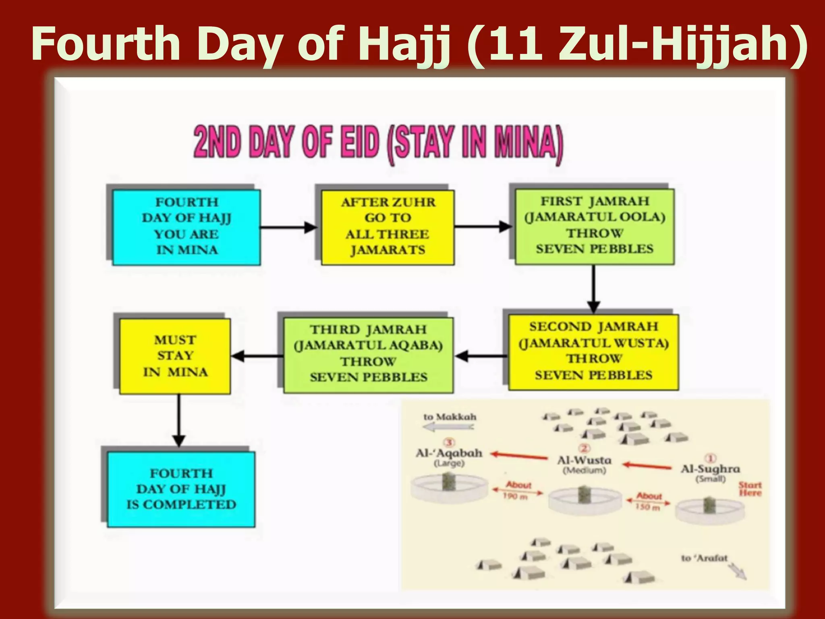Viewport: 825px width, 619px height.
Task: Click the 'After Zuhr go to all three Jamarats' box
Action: (x=388, y=227)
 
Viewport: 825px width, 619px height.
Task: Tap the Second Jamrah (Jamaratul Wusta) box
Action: (x=593, y=352)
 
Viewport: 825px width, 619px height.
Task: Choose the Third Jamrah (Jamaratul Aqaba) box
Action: (x=368, y=355)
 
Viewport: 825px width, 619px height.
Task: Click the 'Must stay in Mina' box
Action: (x=175, y=356)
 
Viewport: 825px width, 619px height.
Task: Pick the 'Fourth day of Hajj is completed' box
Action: (x=181, y=489)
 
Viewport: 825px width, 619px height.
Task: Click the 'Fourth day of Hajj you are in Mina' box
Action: (x=187, y=227)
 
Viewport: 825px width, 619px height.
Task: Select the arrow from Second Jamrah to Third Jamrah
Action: (x=481, y=356)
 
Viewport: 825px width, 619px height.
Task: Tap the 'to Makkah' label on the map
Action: (x=450, y=417)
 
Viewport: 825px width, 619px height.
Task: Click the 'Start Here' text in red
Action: (x=750, y=489)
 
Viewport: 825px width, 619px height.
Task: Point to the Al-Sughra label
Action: (x=710, y=469)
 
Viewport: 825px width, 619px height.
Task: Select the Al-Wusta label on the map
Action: (x=584, y=461)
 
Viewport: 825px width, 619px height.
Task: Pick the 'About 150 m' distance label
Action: (x=649, y=501)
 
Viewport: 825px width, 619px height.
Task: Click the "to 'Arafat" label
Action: (x=704, y=558)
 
